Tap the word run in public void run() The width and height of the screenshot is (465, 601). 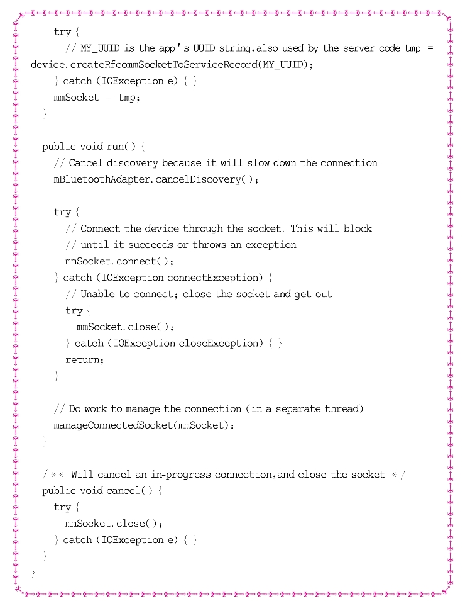click(x=115, y=147)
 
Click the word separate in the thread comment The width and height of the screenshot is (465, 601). click(x=294, y=408)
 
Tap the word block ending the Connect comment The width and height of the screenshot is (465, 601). click(x=358, y=228)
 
